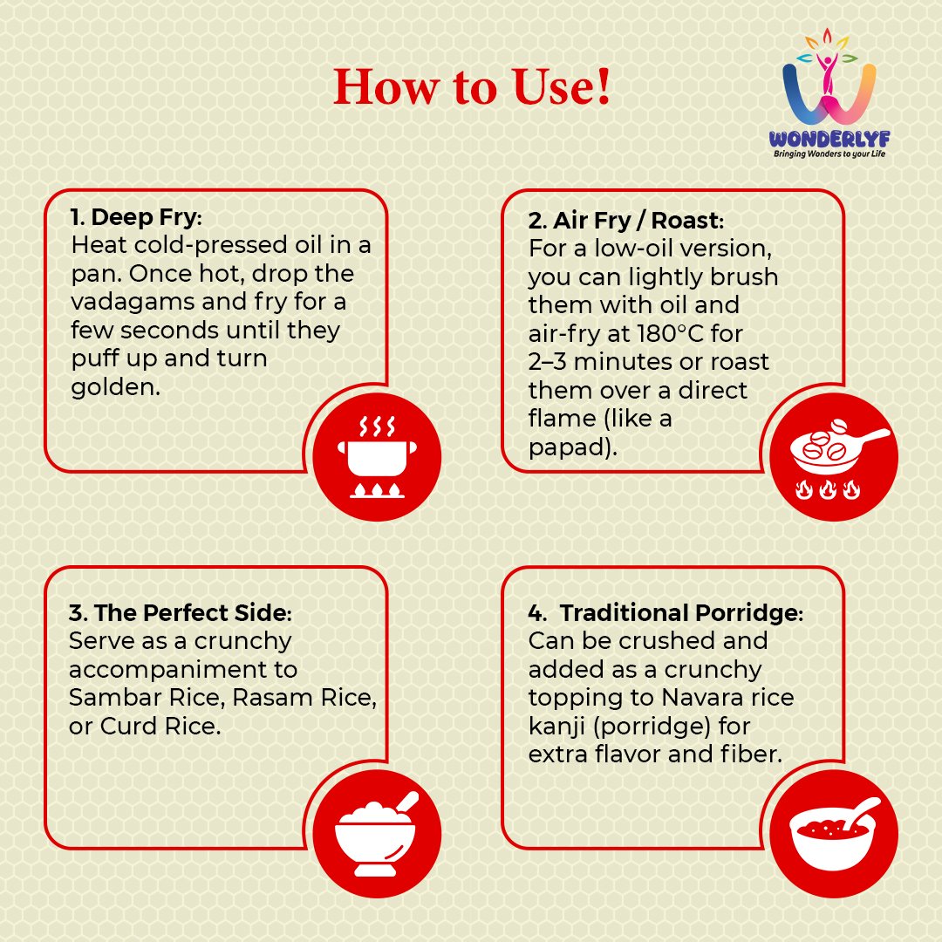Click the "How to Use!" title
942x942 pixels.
(x=472, y=87)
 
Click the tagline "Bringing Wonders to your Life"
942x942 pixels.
(x=829, y=154)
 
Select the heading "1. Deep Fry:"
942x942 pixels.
(x=136, y=217)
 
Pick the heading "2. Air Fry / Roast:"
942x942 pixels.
(x=626, y=221)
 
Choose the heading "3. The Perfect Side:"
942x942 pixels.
(x=181, y=613)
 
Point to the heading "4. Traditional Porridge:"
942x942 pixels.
(x=666, y=613)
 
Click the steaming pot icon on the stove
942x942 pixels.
(x=378, y=456)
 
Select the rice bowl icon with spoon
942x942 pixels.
(x=376, y=834)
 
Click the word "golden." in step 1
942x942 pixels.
(x=116, y=387)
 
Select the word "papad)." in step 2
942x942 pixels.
(x=572, y=447)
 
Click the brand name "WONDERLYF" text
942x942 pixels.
(x=829, y=140)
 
